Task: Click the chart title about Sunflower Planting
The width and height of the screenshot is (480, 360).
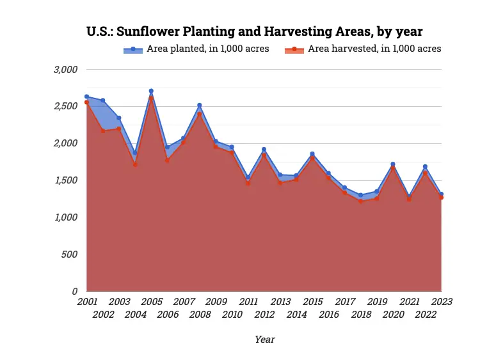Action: click(x=255, y=31)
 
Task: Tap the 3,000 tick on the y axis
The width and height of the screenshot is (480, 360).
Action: click(x=65, y=69)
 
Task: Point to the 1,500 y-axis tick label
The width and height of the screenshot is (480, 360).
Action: click(x=65, y=180)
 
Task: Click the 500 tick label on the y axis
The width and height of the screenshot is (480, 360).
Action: click(x=69, y=254)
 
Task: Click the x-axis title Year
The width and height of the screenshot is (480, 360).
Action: click(x=264, y=340)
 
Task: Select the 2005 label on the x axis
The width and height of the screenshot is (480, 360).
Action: click(x=151, y=301)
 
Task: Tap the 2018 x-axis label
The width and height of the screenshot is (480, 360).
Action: click(x=361, y=314)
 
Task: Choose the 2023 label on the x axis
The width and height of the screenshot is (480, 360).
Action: click(x=441, y=301)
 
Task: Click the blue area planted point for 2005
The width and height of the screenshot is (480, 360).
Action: click(x=151, y=91)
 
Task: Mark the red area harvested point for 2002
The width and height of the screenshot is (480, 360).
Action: click(x=102, y=130)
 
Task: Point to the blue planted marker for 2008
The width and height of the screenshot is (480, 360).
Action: click(x=199, y=105)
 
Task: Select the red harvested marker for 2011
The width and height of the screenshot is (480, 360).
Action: click(x=248, y=183)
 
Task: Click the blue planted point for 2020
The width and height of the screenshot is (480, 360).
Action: click(x=393, y=164)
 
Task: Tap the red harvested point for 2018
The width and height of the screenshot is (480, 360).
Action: click(x=361, y=201)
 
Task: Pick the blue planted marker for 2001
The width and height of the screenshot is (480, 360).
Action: click(x=86, y=97)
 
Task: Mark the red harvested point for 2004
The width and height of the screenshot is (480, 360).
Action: click(x=135, y=164)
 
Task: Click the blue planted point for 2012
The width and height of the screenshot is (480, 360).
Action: click(x=264, y=150)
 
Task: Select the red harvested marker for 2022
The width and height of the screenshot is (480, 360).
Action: click(x=425, y=173)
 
